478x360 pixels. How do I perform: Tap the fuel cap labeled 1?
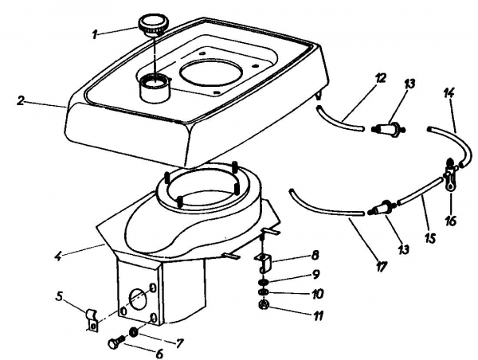151,23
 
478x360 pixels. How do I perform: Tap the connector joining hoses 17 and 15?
381,209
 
